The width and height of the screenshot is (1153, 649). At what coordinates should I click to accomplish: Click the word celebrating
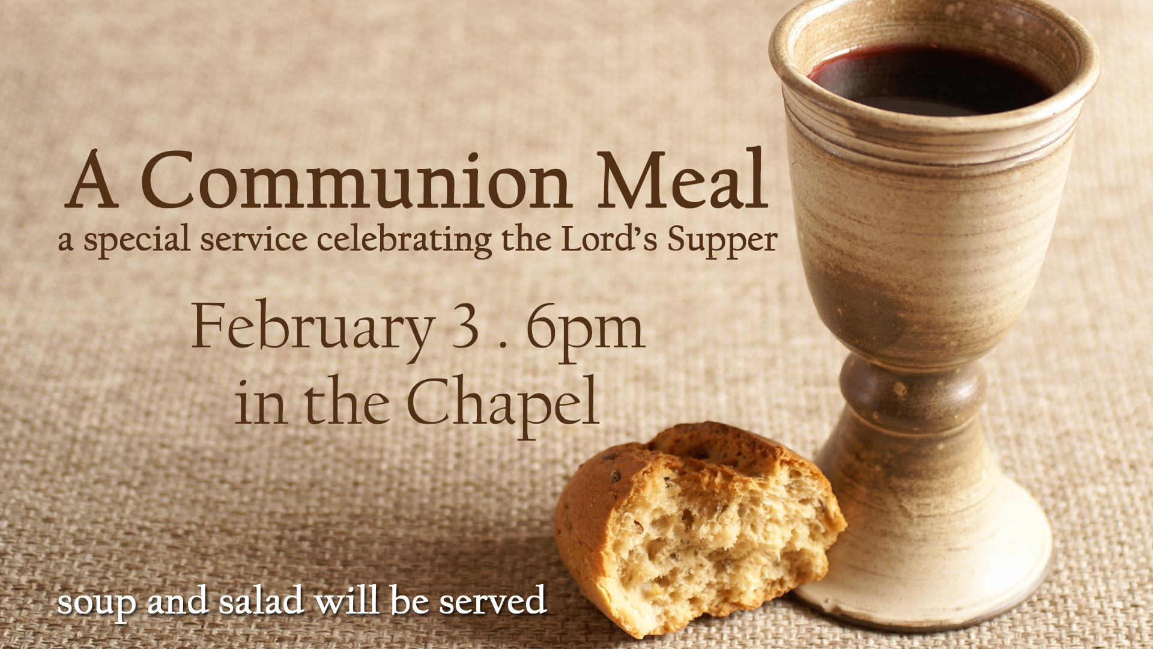(x=404, y=241)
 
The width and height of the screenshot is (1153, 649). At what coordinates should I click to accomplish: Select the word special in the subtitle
(x=137, y=241)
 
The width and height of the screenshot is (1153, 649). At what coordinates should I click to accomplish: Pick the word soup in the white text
(x=97, y=604)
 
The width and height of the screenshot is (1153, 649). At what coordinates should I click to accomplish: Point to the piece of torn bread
(x=697, y=529)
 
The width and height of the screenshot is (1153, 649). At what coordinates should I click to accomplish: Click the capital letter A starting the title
(x=91, y=180)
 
